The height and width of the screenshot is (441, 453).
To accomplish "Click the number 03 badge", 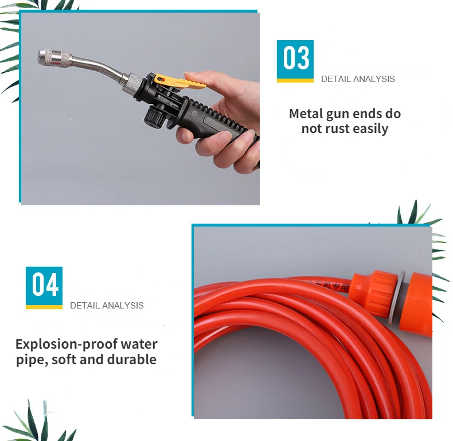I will [x=295, y=59].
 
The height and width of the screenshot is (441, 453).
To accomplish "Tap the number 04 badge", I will [x=44, y=285].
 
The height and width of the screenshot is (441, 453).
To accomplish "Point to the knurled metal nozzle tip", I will [x=54, y=57].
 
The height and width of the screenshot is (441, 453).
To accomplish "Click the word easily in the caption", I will [x=370, y=129].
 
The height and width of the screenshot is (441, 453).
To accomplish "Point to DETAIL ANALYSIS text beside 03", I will [x=358, y=79].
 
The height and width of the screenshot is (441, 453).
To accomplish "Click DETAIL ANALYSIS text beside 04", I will [x=107, y=305].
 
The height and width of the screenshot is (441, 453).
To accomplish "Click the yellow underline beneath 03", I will [x=295, y=80].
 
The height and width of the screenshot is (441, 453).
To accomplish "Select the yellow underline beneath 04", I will [x=44, y=307].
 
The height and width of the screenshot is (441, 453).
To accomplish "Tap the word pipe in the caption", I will [x=29, y=360].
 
